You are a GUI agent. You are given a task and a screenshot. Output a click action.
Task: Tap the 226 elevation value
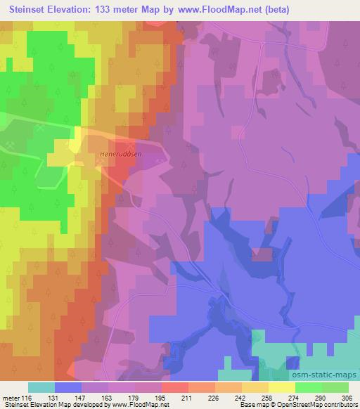tap(215, 398)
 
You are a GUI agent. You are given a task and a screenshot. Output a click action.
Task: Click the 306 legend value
tap(349, 398)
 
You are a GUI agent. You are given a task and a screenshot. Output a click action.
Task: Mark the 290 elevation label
tap(321, 398)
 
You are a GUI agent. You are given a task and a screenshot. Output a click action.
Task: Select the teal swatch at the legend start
tap(41, 387)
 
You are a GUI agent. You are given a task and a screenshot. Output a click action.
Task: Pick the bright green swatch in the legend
tap(309, 387)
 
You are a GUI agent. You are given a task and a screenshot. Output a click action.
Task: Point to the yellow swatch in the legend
tap(282, 387)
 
